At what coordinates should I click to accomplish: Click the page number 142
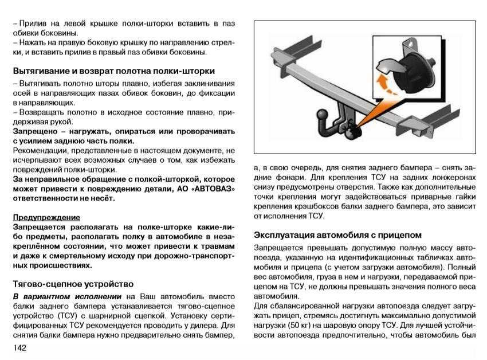coord(20,348)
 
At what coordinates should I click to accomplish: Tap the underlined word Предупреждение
coord(46,218)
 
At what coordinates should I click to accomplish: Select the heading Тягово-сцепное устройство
coord(73,284)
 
